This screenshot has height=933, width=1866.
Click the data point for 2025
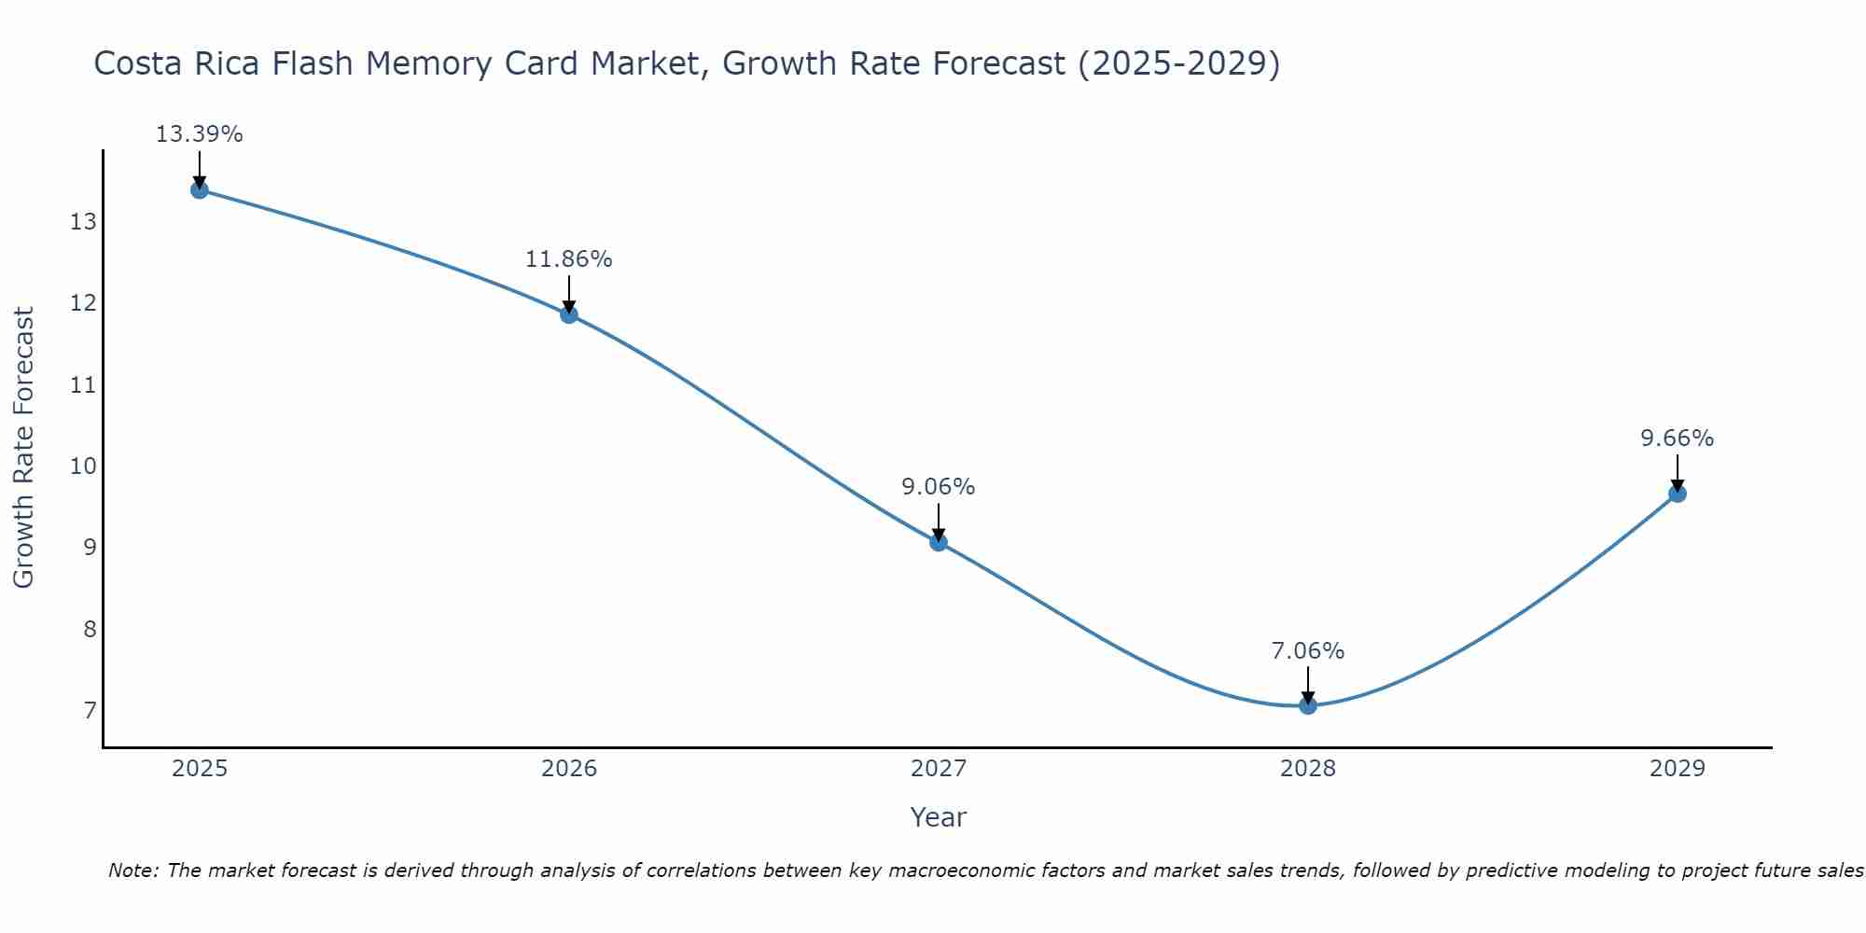click(199, 190)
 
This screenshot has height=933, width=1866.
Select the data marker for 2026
click(569, 314)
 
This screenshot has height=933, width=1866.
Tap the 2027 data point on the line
click(939, 542)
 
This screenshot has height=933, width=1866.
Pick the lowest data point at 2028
click(1308, 705)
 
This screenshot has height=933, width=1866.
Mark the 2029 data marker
click(1677, 494)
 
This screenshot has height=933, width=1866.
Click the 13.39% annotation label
click(199, 134)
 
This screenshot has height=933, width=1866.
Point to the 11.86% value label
click(568, 259)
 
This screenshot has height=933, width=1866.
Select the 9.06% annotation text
click(938, 487)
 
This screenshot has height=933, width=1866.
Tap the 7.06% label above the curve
click(1307, 651)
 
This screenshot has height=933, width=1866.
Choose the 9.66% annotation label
click(1677, 439)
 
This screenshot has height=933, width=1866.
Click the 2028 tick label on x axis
click(1308, 769)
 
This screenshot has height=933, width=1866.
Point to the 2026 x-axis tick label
click(569, 769)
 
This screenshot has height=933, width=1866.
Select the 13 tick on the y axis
click(83, 222)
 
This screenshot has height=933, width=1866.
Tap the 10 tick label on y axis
click(83, 466)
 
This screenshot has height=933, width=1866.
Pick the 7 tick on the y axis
click(90, 711)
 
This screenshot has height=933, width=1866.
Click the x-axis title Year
click(938, 817)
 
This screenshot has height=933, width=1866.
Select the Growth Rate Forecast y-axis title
click(23, 448)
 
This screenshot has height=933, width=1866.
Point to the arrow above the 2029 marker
click(1677, 472)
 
